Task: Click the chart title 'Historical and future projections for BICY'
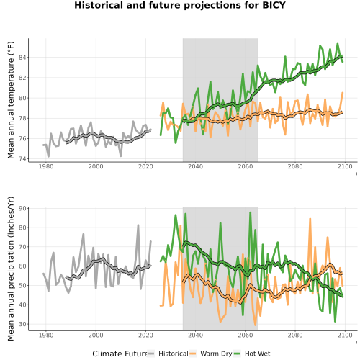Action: click(x=180, y=5)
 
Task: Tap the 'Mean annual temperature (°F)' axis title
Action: click(x=11, y=100)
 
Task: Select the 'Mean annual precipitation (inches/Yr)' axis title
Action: click(x=11, y=269)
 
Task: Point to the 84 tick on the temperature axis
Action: click(x=22, y=58)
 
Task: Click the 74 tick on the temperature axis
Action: click(x=22, y=159)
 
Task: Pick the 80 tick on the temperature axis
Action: click(x=22, y=98)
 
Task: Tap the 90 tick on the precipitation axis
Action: click(x=22, y=208)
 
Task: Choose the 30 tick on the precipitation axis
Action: click(x=22, y=324)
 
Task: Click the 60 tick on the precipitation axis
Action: click(x=22, y=266)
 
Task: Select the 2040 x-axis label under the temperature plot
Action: click(x=195, y=166)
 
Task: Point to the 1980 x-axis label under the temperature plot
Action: click(x=46, y=166)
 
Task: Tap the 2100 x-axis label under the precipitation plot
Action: click(x=345, y=335)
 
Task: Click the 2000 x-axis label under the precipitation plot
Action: click(x=96, y=335)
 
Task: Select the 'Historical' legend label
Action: click(x=174, y=354)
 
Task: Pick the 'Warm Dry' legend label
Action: click(x=216, y=354)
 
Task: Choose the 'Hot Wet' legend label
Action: click(x=257, y=354)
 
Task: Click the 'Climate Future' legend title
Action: click(x=120, y=354)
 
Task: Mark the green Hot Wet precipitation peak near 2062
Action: click(x=251, y=212)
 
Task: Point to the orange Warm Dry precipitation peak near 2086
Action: click(x=310, y=219)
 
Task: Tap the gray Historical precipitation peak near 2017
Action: click(x=138, y=225)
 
